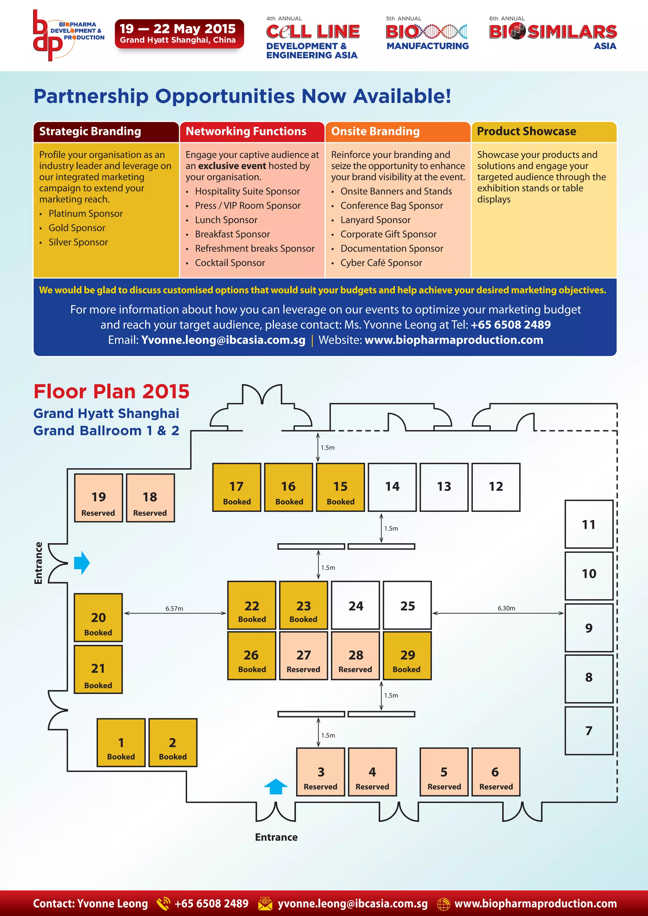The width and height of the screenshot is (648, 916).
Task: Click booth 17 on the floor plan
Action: [x=236, y=487]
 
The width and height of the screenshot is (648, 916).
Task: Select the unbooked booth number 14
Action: [x=392, y=487]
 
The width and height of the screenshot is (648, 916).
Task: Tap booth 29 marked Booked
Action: [x=407, y=655]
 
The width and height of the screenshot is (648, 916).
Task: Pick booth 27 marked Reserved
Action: [x=303, y=655]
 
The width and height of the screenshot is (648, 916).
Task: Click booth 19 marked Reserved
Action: [x=98, y=498]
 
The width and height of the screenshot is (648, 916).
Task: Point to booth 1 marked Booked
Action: [x=121, y=742]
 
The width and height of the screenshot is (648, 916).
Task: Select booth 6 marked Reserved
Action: [x=495, y=772]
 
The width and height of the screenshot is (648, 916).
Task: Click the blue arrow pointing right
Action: [x=82, y=563]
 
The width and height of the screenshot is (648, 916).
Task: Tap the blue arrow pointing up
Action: [x=276, y=786]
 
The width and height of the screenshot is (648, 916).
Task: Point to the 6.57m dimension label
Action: [x=174, y=608]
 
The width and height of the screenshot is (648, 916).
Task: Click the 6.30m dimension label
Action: [x=506, y=608]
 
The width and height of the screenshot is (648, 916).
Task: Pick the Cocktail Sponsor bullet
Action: [x=230, y=263]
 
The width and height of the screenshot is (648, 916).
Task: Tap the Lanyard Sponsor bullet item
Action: [x=375, y=220]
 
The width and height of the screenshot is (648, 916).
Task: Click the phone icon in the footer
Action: [x=163, y=904]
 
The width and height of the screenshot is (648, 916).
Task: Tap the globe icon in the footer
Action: [x=443, y=904]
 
